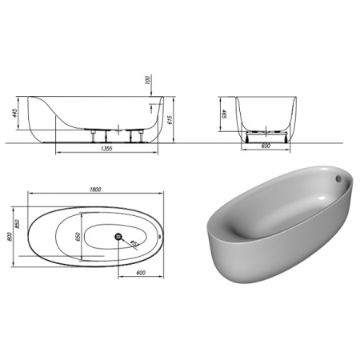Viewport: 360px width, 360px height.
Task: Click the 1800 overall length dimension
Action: point(95,189)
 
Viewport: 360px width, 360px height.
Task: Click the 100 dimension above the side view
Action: point(147,81)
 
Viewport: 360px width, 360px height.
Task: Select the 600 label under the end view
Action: point(266,145)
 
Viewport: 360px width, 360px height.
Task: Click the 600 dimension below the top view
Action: point(140,274)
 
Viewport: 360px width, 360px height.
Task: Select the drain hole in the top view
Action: point(118,236)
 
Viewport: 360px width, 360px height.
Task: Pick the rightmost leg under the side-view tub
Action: point(145,134)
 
